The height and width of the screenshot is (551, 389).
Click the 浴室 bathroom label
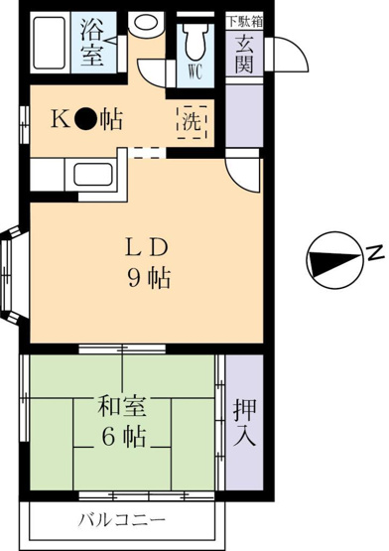[x=92, y=43]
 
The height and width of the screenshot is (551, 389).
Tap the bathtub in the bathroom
[x=50, y=43]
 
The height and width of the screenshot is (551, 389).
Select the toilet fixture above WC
[x=195, y=40]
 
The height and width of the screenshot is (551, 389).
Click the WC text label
[x=195, y=72]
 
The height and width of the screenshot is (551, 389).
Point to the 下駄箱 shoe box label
[x=244, y=22]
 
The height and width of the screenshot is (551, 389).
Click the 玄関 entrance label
[x=244, y=55]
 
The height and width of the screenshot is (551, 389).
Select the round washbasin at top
[x=145, y=23]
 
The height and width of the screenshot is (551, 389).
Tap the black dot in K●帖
[x=84, y=120]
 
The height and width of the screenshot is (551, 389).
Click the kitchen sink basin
[x=93, y=175]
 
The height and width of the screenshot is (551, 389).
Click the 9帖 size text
[x=149, y=278]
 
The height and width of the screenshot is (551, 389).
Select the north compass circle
[x=333, y=260]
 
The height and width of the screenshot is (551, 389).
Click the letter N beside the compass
[x=375, y=251]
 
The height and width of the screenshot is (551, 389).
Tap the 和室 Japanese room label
[x=122, y=406]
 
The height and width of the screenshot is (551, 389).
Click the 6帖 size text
[x=123, y=438]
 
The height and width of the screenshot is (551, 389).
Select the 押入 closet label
[x=244, y=424]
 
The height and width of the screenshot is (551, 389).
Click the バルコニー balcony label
[x=122, y=519]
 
